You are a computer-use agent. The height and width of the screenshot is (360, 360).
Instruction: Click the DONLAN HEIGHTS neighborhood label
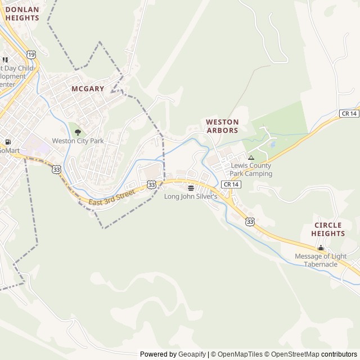tap(22, 13)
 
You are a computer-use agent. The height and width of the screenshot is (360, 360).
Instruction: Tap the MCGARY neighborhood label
tap(88, 88)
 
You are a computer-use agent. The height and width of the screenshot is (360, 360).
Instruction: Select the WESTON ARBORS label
tap(222, 126)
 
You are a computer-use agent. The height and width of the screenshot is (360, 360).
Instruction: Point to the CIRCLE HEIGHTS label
tap(328, 229)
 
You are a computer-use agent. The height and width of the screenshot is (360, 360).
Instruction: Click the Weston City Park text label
tap(78, 141)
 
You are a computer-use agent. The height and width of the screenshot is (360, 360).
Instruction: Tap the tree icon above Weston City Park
tap(78, 132)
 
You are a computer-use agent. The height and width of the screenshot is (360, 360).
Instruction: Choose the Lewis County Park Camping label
tap(251, 170)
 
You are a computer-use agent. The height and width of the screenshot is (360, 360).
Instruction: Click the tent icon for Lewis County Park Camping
tap(251, 157)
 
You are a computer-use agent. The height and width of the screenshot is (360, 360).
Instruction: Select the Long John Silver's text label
tap(191, 196)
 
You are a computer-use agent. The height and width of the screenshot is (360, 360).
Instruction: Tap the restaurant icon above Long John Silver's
tap(191, 188)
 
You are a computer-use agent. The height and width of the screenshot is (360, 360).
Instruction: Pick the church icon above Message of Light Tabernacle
tap(321, 248)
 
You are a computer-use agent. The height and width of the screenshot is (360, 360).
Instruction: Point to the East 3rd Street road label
tap(112, 197)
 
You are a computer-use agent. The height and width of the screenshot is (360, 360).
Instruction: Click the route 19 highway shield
tap(31, 55)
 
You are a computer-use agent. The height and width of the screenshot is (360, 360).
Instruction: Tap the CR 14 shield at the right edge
tap(349, 114)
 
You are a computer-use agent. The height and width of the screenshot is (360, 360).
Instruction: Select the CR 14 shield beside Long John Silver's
tap(229, 184)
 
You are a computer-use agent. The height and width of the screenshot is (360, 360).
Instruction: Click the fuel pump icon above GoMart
tap(7, 142)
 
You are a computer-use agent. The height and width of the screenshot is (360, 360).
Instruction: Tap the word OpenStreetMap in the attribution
tap(296, 354)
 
